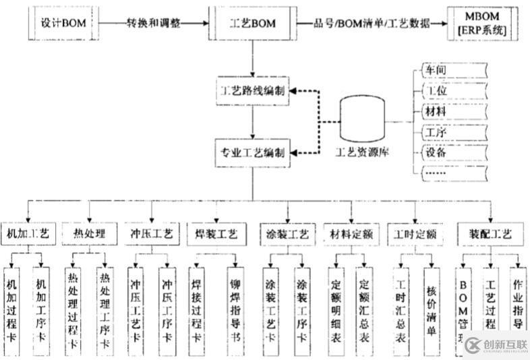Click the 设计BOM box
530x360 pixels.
(62, 24)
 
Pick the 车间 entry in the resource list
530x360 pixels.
(436, 69)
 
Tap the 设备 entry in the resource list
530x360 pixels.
(436, 152)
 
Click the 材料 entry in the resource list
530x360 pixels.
(436, 111)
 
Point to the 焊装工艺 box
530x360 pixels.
(216, 235)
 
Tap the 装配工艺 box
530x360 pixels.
(490, 235)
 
